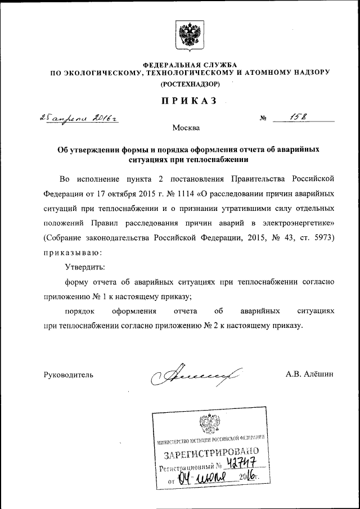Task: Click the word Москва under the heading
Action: pos(186,128)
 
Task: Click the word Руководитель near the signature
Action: pos(69,374)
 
